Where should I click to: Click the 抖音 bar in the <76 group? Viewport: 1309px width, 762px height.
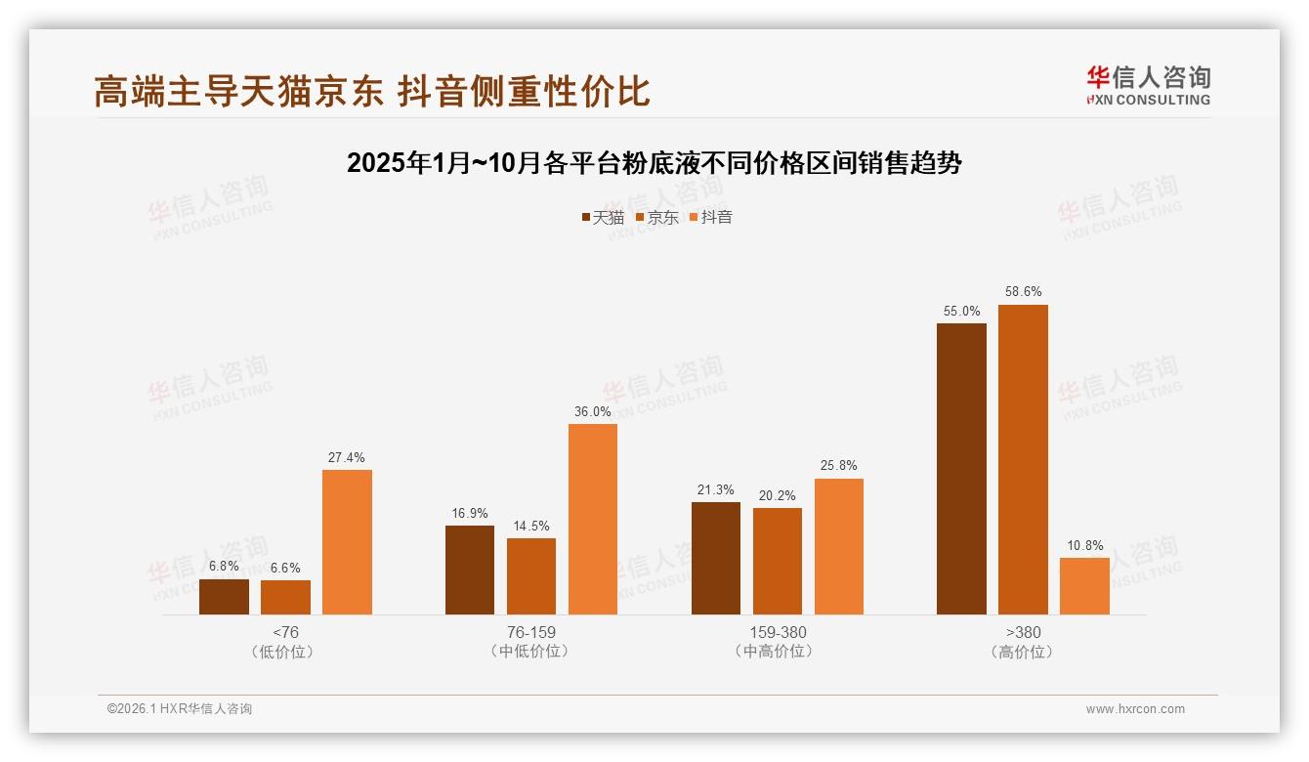pyautogui.click(x=347, y=542)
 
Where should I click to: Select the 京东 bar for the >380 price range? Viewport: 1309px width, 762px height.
pyautogui.click(x=1023, y=459)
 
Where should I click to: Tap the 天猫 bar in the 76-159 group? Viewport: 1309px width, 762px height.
pyautogui.click(x=470, y=570)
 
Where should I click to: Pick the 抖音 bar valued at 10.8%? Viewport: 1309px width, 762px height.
pyautogui.click(x=1084, y=586)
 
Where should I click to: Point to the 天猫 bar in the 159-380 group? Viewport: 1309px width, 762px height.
pyautogui.click(x=716, y=558)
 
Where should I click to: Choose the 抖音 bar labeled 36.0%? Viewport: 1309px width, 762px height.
pyautogui.click(x=593, y=519)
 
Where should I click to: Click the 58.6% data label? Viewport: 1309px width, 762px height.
pyautogui.click(x=1023, y=291)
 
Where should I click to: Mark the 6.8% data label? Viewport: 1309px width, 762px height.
pyautogui.click(x=224, y=566)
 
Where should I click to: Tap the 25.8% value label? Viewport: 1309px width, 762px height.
pyautogui.click(x=838, y=465)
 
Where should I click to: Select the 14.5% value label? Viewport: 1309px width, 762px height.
pyautogui.click(x=531, y=526)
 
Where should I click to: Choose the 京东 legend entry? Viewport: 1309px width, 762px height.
pyautogui.click(x=656, y=217)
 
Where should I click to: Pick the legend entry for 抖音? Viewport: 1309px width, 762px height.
pyautogui.click(x=710, y=217)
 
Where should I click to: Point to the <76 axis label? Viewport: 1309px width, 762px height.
pyautogui.click(x=285, y=632)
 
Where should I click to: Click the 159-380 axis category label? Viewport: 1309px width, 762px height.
pyautogui.click(x=778, y=632)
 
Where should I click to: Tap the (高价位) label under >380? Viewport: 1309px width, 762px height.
pyautogui.click(x=1023, y=652)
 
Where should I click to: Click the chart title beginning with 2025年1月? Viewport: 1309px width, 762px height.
pyautogui.click(x=654, y=163)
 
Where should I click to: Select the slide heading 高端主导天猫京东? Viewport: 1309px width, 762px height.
pyautogui.click(x=371, y=91)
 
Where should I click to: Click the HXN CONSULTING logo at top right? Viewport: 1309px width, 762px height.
pyautogui.click(x=1148, y=85)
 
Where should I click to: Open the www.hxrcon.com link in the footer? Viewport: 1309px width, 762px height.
pyautogui.click(x=1135, y=709)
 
